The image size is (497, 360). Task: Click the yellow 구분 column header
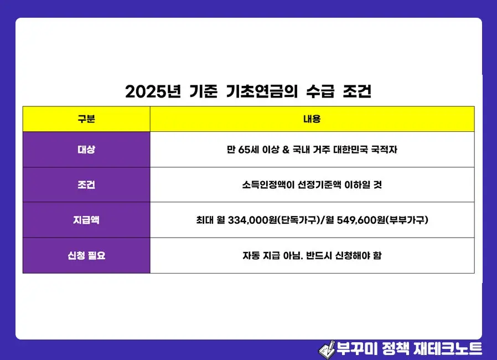pyautogui.click(x=86, y=119)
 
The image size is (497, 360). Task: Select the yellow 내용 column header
pyautogui.click(x=312, y=119)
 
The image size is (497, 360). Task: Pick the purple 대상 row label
pyautogui.click(x=86, y=150)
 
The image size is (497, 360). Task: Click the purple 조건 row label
pyautogui.click(x=86, y=185)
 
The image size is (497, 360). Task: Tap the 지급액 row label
pyautogui.click(x=86, y=220)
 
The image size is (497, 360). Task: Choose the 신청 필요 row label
pyautogui.click(x=86, y=255)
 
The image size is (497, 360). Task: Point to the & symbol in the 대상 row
pyautogui.click(x=286, y=150)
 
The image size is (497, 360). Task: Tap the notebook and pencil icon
pyautogui.click(x=327, y=348)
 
